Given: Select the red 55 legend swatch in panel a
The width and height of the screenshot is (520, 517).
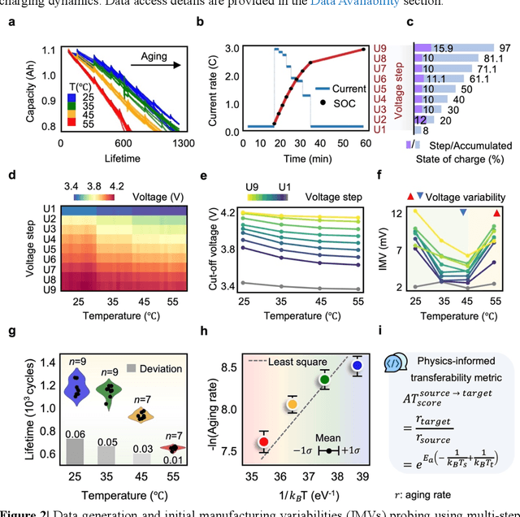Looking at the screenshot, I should tap(72, 122).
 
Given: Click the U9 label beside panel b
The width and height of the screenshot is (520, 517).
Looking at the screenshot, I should tap(380, 49).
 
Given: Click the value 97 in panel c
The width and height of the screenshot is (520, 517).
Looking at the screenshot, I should tap(505, 49).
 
